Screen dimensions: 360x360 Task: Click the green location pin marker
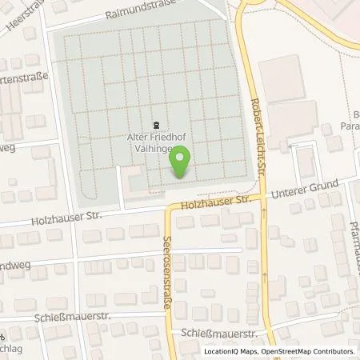(181, 162)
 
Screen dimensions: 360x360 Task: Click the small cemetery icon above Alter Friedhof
(158, 122)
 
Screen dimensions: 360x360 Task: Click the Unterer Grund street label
(306, 189)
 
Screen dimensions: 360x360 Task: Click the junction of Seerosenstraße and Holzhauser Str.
(167, 209)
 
